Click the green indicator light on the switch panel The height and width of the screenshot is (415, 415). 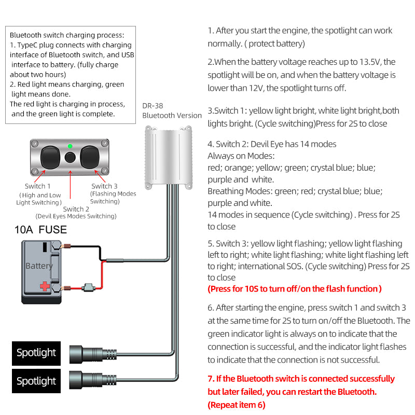click(x=70, y=146)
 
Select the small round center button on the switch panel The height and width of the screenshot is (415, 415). click(x=70, y=157)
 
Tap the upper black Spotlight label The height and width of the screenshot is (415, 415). click(x=36, y=353)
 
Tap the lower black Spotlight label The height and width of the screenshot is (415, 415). click(x=36, y=381)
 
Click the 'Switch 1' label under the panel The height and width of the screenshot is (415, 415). click(x=38, y=186)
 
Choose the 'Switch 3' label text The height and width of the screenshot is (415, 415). click(x=104, y=186)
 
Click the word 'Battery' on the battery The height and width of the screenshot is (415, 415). click(x=39, y=266)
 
